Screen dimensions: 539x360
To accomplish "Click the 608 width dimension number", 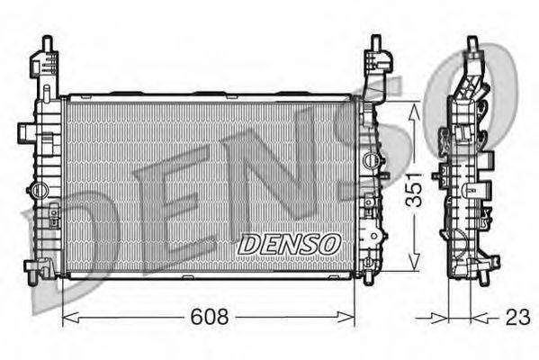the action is pos(210,317).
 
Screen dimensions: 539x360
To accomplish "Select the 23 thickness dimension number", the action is pos(517,317).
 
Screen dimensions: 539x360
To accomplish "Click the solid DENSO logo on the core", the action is pos(289,244).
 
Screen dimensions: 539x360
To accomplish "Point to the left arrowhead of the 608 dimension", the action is pos(70,317).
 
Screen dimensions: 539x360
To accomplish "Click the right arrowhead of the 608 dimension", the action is pos(346,317).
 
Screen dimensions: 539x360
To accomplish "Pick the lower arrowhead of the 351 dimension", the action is pos(415,260).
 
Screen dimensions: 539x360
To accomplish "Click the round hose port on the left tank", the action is pos(38,190).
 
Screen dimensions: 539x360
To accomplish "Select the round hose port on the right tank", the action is pos(372,159).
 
